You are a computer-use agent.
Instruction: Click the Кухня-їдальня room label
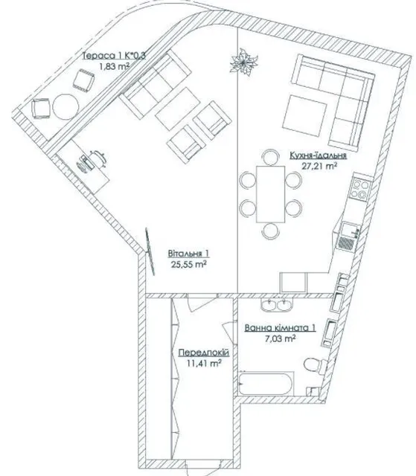pyautogui.click(x=318, y=155)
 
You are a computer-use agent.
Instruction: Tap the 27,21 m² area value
pyautogui.click(x=319, y=166)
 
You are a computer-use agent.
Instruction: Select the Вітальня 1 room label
pyautogui.click(x=188, y=254)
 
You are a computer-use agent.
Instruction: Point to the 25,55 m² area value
pyautogui.click(x=189, y=264)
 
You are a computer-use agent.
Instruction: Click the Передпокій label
pyautogui.click(x=204, y=353)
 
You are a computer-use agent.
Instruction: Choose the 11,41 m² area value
pyautogui.click(x=204, y=363)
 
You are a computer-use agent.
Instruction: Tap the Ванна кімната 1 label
pyautogui.click(x=281, y=328)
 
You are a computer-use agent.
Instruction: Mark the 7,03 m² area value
pyautogui.click(x=281, y=338)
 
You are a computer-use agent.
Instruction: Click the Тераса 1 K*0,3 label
pyautogui.click(x=114, y=56)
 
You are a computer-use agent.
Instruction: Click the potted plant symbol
pyautogui.click(x=243, y=62)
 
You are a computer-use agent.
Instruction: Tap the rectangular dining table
pyautogui.click(x=271, y=194)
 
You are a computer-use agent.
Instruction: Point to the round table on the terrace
pyautogui.click(x=65, y=106)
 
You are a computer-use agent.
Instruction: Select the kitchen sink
pyautogui.click(x=349, y=236)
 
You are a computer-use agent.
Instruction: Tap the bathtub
pyautogui.click(x=266, y=384)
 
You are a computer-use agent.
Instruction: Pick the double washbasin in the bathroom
pyautogui.click(x=277, y=305)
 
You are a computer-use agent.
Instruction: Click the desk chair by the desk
pyautogui.click(x=97, y=158)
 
